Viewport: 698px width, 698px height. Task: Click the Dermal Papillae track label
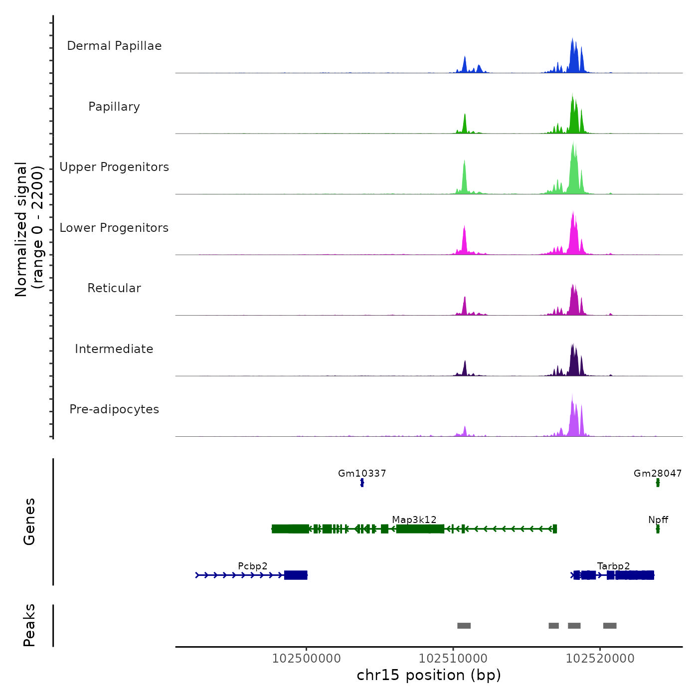tap(114, 46)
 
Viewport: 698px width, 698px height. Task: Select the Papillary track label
tap(114, 107)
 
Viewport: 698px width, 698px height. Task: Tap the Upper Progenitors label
tap(114, 167)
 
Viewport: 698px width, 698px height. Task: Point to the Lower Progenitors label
tap(114, 228)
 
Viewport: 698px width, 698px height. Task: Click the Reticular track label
tap(114, 288)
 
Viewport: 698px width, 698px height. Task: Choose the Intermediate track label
tap(114, 349)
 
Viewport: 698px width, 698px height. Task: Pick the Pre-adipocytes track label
tap(114, 409)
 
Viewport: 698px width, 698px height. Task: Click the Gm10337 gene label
tap(362, 473)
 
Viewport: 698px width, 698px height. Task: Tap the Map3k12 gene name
tap(414, 520)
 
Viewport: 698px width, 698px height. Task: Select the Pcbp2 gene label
tap(253, 566)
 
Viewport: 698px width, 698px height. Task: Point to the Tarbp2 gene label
tap(613, 566)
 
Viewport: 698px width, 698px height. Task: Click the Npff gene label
tap(658, 520)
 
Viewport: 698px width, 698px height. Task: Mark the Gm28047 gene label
tap(658, 473)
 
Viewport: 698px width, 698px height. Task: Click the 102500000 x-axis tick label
tap(307, 659)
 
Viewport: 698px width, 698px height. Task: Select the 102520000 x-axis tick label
tap(600, 659)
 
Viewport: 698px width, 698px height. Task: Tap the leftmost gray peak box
tap(464, 626)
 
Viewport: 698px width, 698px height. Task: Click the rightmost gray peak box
tap(610, 626)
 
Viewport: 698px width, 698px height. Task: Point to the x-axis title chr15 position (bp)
tap(429, 675)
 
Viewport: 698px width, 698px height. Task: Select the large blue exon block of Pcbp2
tap(296, 575)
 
